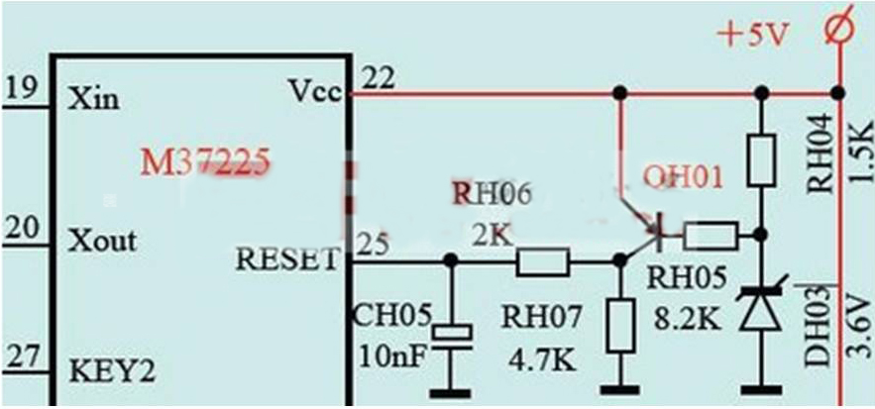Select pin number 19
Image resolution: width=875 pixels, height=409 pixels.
(x=21, y=90)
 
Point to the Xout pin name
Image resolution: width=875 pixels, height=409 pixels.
(x=103, y=242)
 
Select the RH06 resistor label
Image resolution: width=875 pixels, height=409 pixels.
(x=493, y=194)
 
